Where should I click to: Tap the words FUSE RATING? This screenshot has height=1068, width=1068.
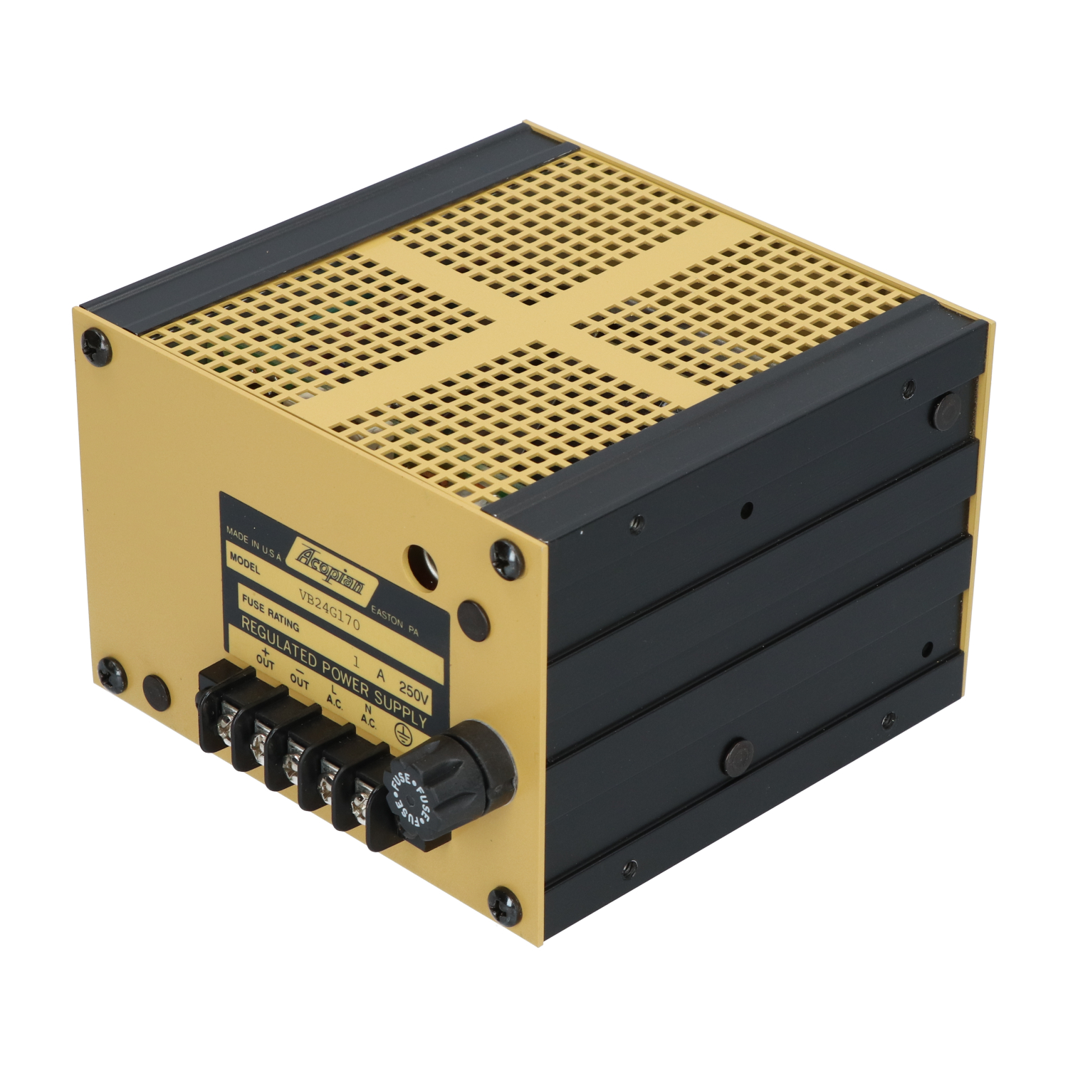pyautogui.click(x=271, y=615)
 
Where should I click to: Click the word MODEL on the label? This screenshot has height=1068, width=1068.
pyautogui.click(x=244, y=563)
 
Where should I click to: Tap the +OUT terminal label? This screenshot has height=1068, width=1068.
pyautogui.click(x=265, y=659)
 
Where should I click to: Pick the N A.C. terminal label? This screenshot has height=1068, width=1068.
pyautogui.click(x=368, y=714)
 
